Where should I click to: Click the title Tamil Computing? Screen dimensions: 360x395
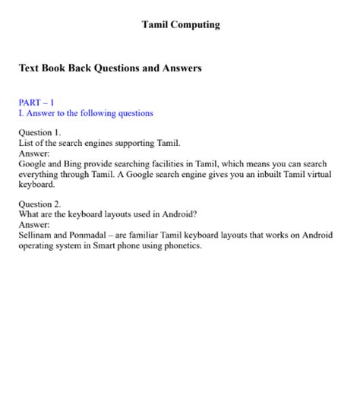coord(181,25)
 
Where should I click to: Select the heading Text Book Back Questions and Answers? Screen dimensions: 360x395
coord(110,68)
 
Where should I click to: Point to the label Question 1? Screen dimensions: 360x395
coord(39,132)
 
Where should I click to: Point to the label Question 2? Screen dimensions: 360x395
coord(39,204)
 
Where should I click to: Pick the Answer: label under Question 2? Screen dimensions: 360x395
coord(33,225)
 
